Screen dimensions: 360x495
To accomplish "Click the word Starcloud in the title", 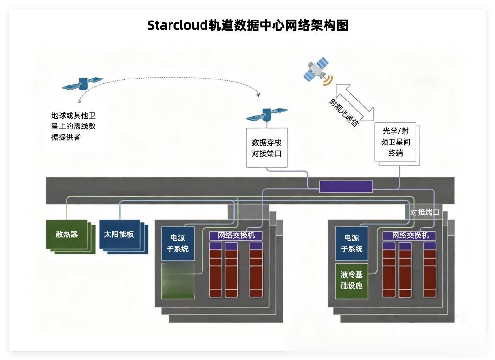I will coord(177,25).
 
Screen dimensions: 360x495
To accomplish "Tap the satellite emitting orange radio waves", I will coord(316,70).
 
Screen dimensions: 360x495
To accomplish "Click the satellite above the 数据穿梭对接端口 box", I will coord(266,114).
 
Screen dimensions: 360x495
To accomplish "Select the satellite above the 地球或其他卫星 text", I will coord(82,84).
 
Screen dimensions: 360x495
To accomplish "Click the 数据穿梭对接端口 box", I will coord(267,147).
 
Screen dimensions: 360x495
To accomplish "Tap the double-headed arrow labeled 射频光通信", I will coord(355,102).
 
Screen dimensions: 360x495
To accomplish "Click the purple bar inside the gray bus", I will coord(346,187).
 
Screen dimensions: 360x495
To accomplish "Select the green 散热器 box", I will coord(67,235).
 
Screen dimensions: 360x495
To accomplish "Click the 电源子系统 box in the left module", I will coord(178,243).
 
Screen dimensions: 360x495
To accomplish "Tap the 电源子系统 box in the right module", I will coord(351,243).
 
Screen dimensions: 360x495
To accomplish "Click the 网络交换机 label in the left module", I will coord(236,236).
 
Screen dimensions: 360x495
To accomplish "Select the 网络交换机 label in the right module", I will coord(410,236).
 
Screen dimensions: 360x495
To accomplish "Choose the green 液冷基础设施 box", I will coord(351,281).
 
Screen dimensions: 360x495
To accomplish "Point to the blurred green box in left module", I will coord(178,281).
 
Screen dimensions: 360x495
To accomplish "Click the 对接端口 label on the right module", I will coord(425,212).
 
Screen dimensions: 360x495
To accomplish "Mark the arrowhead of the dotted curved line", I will coord(259,95).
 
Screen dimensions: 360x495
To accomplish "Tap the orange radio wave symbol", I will coord(327,79).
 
